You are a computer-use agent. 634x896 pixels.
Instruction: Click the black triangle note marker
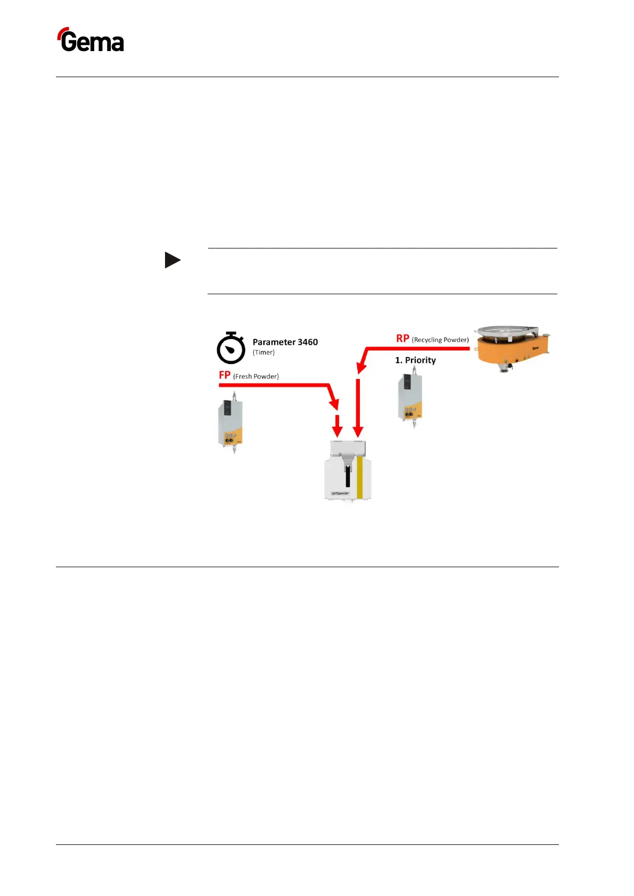172,260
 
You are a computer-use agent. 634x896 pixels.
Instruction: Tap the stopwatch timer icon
230,348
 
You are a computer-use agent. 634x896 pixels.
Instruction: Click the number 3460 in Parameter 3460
308,342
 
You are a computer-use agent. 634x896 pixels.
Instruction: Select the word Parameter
274,342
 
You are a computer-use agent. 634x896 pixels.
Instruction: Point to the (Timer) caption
264,352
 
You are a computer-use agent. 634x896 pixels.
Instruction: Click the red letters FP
225,375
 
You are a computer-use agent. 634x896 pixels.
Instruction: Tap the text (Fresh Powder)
256,376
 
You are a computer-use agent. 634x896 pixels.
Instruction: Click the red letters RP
402,338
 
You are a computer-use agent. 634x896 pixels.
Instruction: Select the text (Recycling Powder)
440,339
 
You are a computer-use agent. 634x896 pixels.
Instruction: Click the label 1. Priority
415,360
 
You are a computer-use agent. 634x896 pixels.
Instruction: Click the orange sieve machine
512,349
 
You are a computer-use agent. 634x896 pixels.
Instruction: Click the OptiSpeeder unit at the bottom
348,471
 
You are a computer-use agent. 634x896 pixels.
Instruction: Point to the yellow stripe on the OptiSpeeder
360,477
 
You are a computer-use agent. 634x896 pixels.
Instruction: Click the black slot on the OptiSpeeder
348,476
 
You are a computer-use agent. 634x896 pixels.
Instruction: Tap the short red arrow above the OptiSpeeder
337,425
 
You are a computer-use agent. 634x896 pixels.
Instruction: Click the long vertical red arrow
358,408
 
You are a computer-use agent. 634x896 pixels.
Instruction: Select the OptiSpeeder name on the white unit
340,493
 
